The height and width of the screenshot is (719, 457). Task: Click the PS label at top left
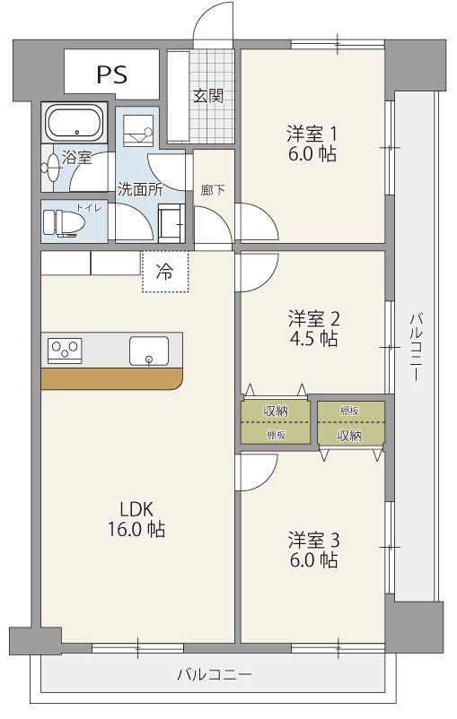[x=112, y=74]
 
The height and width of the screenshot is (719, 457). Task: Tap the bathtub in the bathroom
[x=75, y=123]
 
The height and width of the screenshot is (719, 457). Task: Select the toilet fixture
[x=64, y=223]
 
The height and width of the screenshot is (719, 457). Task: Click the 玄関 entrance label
[x=208, y=96]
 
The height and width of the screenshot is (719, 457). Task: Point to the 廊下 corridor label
[x=213, y=190]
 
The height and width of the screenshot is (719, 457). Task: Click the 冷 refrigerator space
[x=165, y=272]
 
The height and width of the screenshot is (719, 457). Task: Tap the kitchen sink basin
[x=149, y=351]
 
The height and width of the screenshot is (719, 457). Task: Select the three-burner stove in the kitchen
[x=65, y=351]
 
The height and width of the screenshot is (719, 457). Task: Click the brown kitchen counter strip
[x=111, y=378]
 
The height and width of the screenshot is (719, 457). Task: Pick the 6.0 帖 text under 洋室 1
[x=312, y=153]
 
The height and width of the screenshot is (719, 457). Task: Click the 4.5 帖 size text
[x=313, y=338]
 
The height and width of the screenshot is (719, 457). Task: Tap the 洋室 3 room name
[x=313, y=541]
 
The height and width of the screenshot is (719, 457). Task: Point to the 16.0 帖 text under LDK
[x=136, y=529]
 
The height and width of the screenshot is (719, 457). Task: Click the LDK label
[x=136, y=509]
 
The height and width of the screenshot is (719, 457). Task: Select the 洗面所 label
[x=140, y=189]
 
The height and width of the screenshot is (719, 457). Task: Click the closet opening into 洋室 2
[x=276, y=422]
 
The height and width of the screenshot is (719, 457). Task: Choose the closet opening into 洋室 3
[x=351, y=423]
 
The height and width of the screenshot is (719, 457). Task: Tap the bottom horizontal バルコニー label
[x=215, y=674]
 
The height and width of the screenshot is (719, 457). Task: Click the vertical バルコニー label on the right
[x=416, y=347]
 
